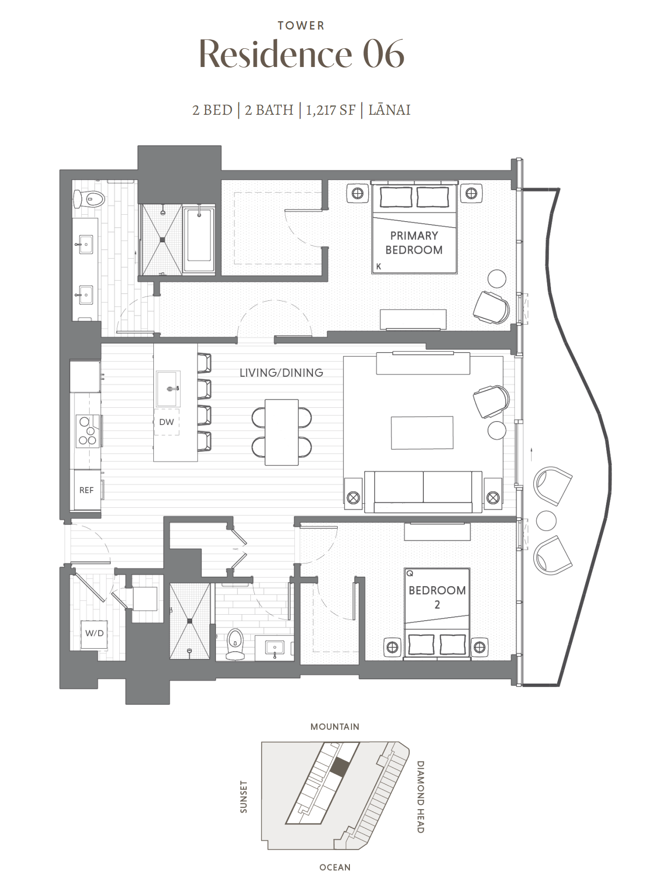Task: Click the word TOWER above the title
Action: (301, 26)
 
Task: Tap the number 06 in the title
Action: (383, 54)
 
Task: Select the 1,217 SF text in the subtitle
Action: (330, 110)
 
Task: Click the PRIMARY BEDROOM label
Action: (414, 243)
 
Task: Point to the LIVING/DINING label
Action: (281, 373)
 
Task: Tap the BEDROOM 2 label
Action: (437, 597)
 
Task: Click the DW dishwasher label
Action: (167, 422)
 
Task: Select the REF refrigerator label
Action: (86, 490)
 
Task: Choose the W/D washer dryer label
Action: (94, 633)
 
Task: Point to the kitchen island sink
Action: (168, 389)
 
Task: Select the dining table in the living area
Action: (281, 432)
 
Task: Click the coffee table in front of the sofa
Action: (422, 433)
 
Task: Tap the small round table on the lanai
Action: (546, 521)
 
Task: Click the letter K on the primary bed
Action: (379, 266)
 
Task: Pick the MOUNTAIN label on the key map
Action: (335, 726)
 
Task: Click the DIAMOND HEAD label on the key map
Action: (420, 797)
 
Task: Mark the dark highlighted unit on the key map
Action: (340, 767)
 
